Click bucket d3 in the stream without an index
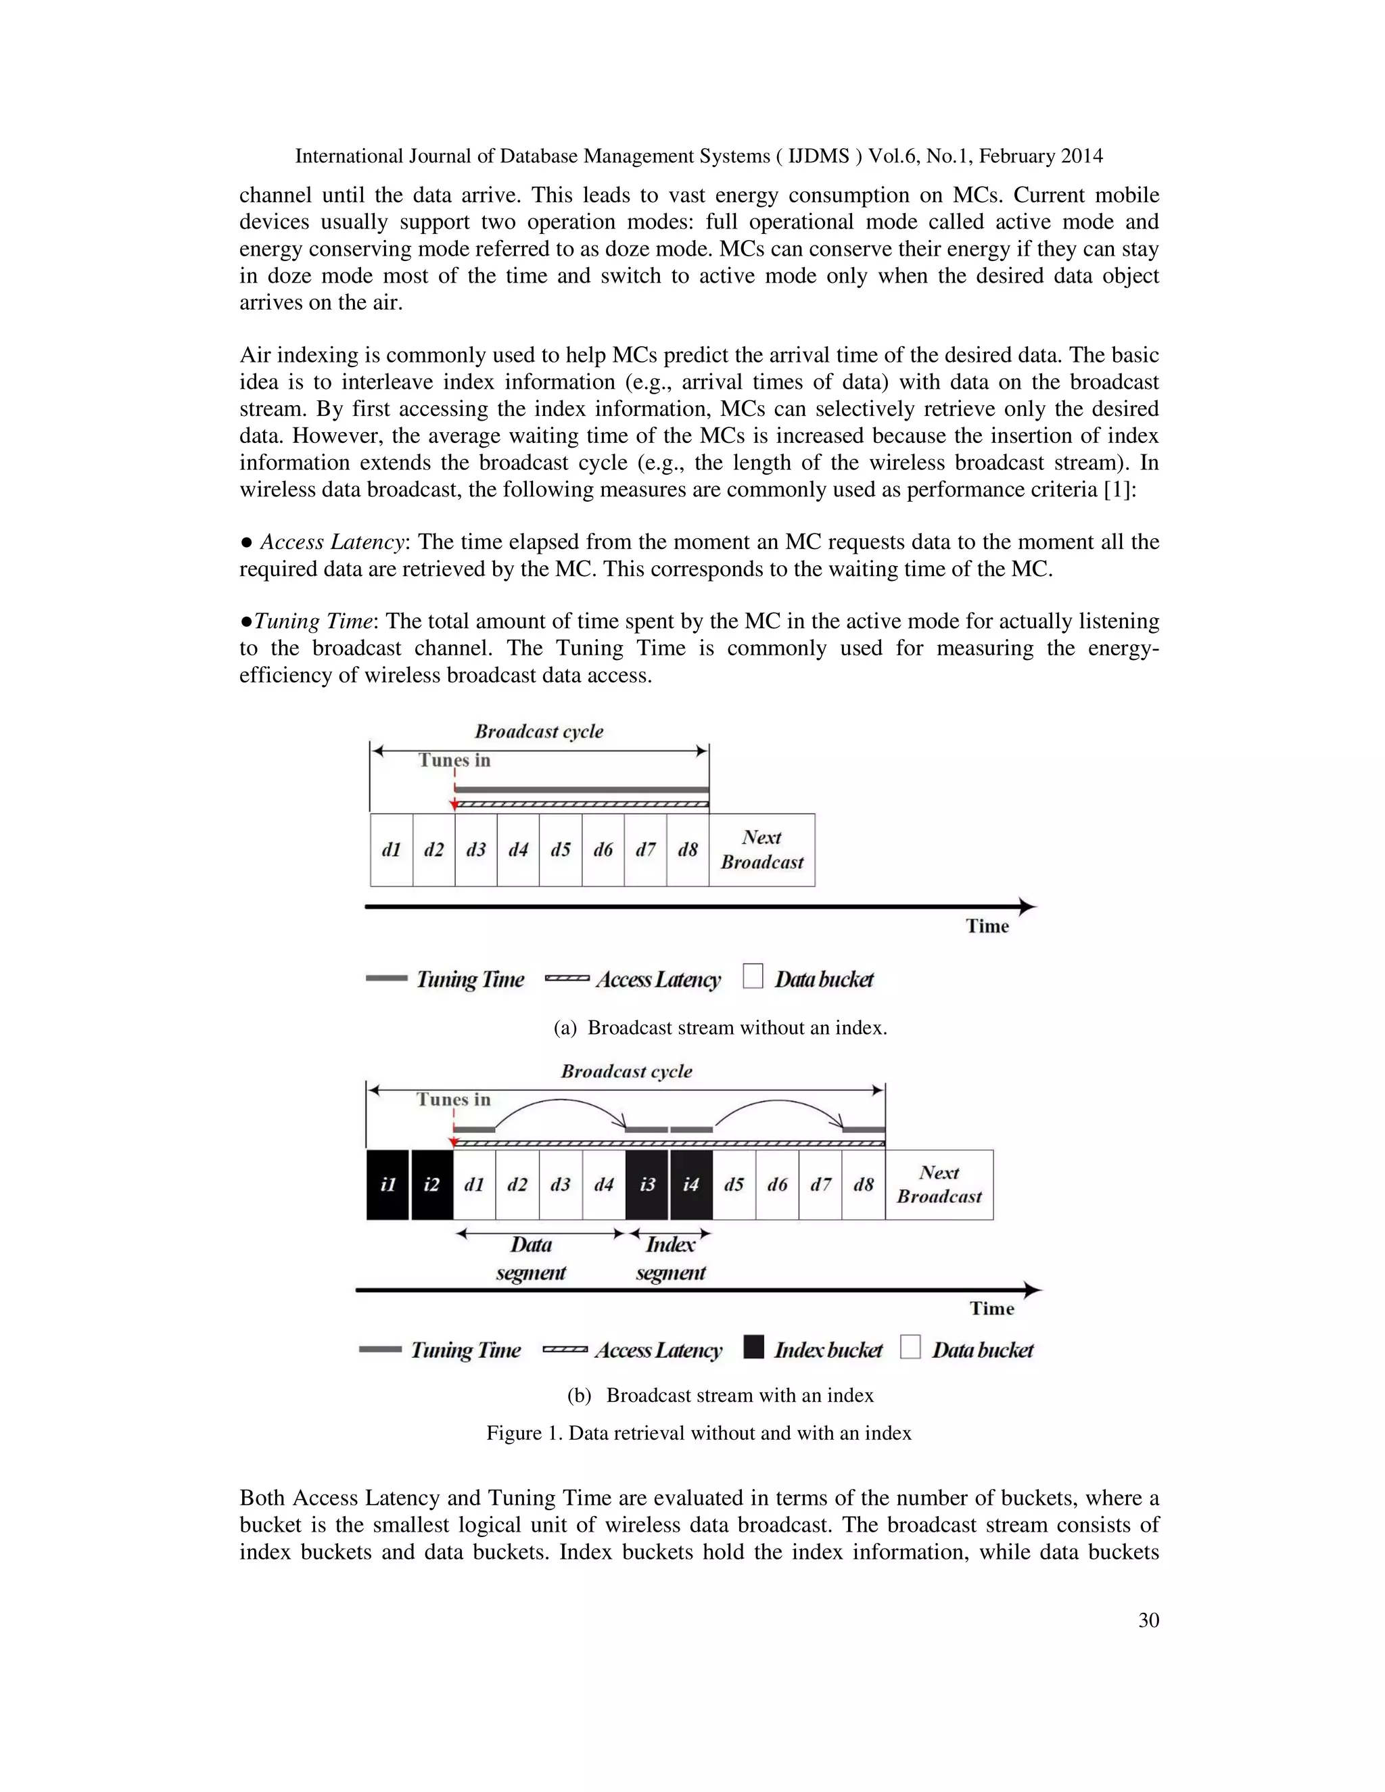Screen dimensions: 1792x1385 point(476,849)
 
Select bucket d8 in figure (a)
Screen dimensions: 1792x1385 point(688,849)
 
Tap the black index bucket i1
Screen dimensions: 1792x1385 point(388,1184)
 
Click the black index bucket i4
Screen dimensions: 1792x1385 point(691,1184)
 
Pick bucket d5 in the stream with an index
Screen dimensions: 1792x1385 point(734,1184)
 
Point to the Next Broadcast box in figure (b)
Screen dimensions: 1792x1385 point(939,1184)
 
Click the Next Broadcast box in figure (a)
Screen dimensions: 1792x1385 point(761,849)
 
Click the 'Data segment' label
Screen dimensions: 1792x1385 point(531,1258)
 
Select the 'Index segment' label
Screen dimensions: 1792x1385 point(670,1258)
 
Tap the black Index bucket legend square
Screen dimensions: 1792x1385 point(753,1346)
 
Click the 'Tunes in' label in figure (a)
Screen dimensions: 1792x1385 point(454,760)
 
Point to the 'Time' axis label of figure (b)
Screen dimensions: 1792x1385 point(992,1308)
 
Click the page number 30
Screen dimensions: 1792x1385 point(1149,1620)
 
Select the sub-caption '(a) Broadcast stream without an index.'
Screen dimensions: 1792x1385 point(720,1027)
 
